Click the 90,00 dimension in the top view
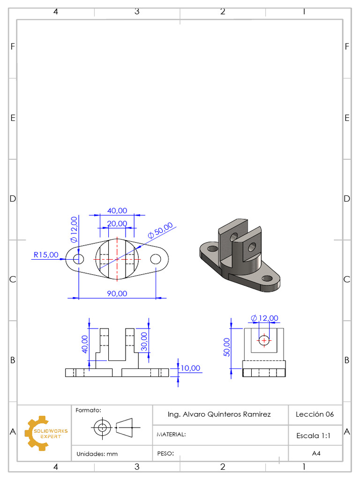tap(117, 293)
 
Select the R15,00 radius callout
tap(46, 255)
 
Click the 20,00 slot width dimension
tap(117, 224)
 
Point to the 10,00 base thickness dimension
tap(190, 368)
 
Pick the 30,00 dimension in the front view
tap(144, 342)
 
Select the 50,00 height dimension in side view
tap(227, 347)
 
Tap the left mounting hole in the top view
tap(78, 258)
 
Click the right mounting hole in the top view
tap(156, 258)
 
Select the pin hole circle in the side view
tap(264, 340)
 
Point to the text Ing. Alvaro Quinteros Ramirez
tap(219, 414)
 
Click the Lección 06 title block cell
tap(315, 414)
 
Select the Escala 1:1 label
tap(314, 435)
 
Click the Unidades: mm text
tap(97, 454)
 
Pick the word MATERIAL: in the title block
tap(171, 435)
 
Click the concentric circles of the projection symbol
tap(101, 427)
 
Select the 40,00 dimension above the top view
tap(117, 211)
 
